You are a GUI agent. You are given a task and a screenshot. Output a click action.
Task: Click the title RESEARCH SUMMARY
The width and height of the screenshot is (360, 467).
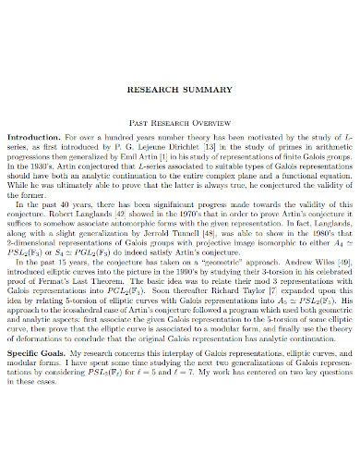[x=180, y=92]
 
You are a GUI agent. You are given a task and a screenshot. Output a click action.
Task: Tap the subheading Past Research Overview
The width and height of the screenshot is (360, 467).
[x=180, y=118]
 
